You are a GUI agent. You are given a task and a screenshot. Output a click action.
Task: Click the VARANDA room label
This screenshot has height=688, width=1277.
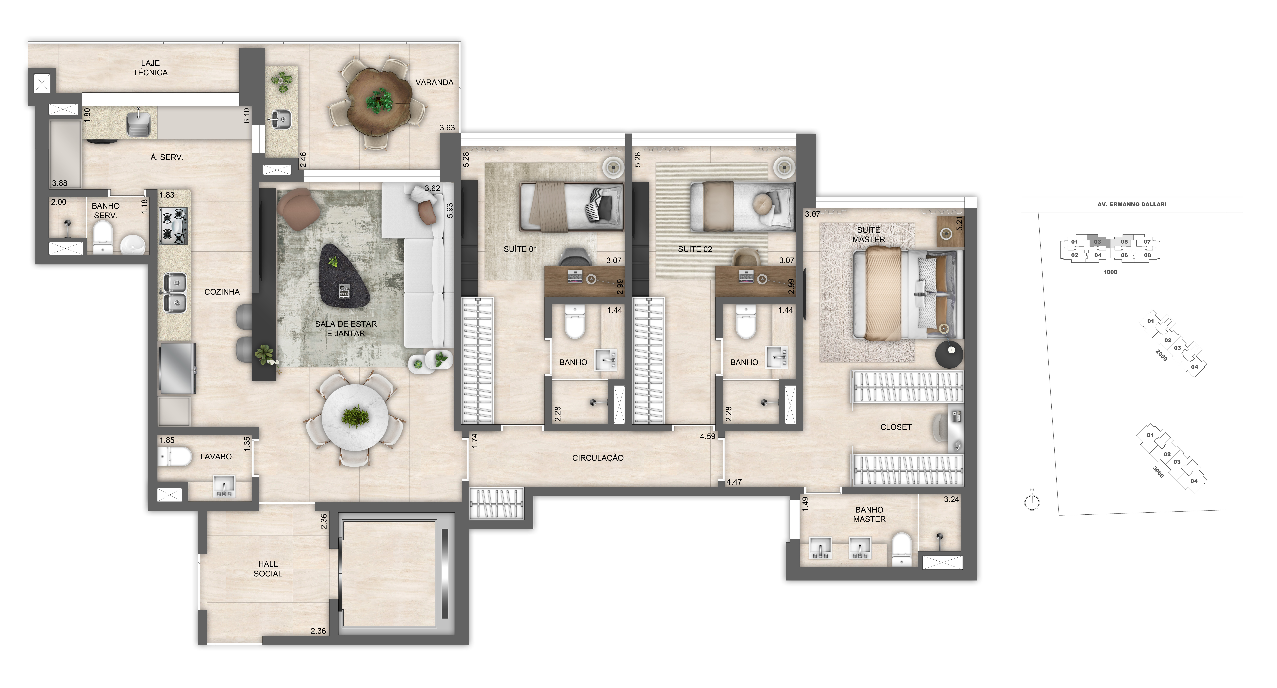pyautogui.click(x=434, y=82)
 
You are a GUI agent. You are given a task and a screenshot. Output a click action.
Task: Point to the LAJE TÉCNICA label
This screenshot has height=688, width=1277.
pyautogui.click(x=150, y=68)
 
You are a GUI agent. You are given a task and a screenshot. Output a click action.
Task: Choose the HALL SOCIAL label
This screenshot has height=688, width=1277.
pyautogui.click(x=268, y=569)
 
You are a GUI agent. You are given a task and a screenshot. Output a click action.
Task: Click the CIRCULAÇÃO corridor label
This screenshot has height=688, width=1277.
pyautogui.click(x=597, y=458)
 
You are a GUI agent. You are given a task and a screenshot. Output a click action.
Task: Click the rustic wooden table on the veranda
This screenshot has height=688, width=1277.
pyautogui.click(x=379, y=101)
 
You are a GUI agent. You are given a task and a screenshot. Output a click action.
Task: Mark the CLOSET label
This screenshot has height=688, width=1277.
pyautogui.click(x=895, y=427)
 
